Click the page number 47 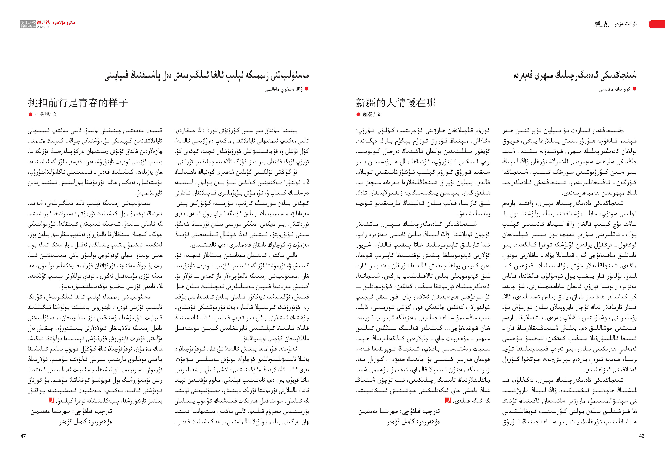[x=23, y=436]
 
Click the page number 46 [x=642, y=436]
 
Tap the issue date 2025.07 [x=43, y=27]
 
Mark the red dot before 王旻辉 [x=30, y=114]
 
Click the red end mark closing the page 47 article [x=52, y=401]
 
